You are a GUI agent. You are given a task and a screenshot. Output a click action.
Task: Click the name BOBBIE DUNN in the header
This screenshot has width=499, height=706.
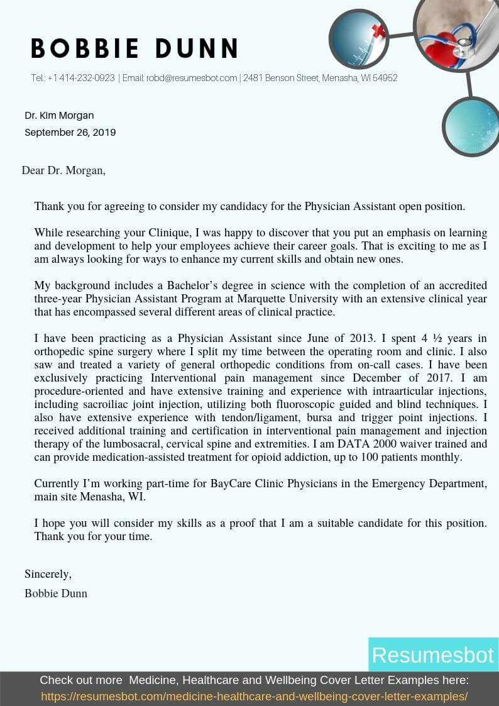pos(134,48)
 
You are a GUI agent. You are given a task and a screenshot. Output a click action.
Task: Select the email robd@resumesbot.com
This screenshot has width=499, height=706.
pos(192,79)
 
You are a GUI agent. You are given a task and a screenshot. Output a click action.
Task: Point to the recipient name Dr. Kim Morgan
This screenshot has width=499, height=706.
pos(59,116)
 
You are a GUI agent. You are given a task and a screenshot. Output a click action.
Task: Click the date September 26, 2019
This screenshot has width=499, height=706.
pos(70,133)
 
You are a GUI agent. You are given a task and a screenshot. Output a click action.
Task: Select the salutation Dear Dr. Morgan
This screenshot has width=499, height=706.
pos(63,170)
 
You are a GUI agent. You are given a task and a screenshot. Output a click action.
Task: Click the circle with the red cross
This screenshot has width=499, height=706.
pos(358,39)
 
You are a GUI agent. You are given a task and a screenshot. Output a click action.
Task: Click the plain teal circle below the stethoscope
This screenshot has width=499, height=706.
pos(471,126)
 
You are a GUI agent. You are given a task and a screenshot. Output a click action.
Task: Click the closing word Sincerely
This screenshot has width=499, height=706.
pos(48,574)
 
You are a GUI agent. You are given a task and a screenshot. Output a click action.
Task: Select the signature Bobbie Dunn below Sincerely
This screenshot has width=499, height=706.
pos(56,593)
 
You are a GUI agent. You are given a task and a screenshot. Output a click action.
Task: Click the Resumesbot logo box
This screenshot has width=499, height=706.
pos(432,654)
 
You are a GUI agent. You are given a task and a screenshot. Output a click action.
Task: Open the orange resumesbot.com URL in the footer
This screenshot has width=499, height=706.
pos(254,697)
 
